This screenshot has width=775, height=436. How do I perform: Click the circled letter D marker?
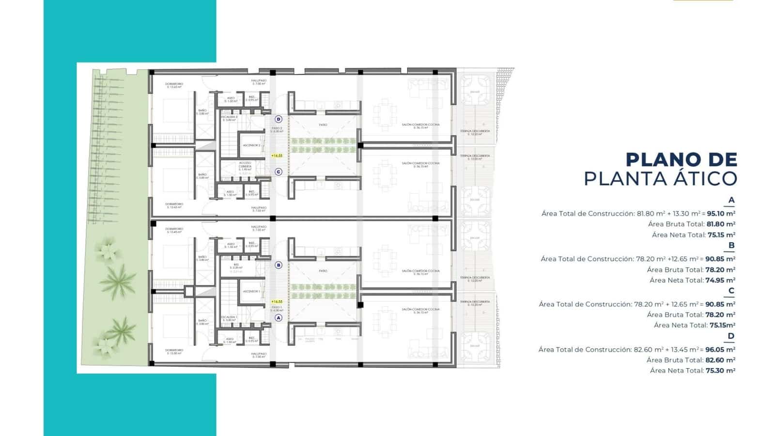pos(278,119)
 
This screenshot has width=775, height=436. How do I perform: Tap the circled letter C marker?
pos(278,172)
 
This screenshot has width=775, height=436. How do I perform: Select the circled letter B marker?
pos(278,265)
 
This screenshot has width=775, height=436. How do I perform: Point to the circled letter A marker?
pos(278,318)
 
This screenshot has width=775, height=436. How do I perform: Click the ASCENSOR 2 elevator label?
pos(252,145)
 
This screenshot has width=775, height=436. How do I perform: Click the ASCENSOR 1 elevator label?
pos(251,291)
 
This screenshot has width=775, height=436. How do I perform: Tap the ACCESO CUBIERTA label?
pos(245,165)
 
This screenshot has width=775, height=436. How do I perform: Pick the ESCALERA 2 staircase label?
pos(229,118)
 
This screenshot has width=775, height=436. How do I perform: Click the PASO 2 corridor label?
pos(277,129)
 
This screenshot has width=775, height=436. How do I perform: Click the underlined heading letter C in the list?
pos(731,291)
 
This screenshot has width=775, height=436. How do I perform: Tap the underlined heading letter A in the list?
pos(731,200)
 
